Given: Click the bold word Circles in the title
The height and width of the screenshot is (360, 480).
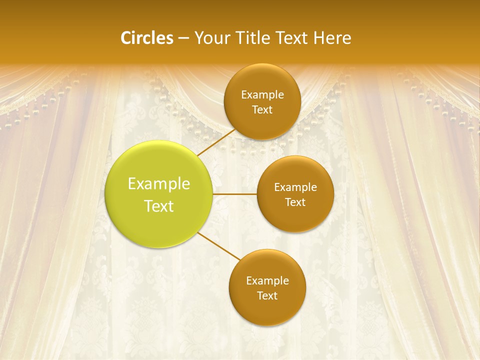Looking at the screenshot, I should point(147,38).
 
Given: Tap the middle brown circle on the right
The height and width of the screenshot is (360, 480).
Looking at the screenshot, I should point(295,217).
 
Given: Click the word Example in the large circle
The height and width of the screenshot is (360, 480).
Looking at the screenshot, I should point(159,184).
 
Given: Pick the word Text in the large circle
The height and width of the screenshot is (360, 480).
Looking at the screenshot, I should point(159,206).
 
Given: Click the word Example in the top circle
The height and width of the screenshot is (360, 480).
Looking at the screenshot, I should point(262,94).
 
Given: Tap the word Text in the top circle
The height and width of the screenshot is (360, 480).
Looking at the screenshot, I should point(262,109).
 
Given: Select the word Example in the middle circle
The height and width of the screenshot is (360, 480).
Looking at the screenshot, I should point(295,187).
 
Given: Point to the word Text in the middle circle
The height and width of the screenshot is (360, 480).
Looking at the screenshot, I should point(295,202).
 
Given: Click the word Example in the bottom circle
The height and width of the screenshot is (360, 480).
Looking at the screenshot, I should point(267,280).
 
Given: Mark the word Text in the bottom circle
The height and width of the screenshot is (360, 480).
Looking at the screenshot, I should point(267,295).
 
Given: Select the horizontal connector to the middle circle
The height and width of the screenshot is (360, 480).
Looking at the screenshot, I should point(235,194).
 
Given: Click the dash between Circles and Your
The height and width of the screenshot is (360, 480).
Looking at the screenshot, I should point(183,38).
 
